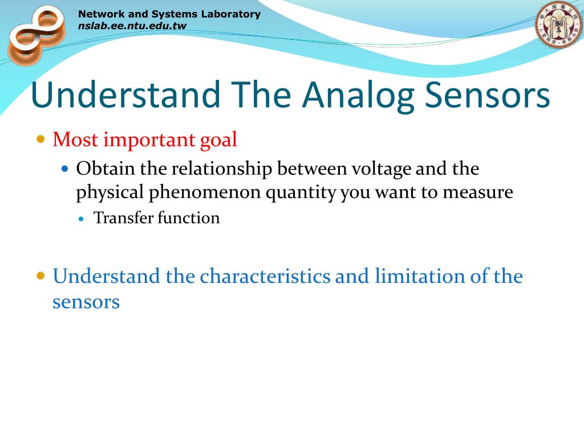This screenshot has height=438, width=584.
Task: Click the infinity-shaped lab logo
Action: (36, 35)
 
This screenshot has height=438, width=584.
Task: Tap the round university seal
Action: (559, 25)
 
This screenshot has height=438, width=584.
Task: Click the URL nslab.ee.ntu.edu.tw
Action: (132, 26)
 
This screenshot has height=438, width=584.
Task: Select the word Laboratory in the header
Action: (230, 14)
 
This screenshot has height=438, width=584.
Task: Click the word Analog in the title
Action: (358, 96)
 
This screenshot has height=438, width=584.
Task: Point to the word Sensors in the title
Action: (487, 95)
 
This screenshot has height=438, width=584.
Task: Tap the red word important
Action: (149, 140)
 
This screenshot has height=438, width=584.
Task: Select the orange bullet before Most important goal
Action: (40, 140)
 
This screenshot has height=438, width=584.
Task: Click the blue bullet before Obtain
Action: (65, 169)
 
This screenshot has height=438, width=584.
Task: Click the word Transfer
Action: (123, 218)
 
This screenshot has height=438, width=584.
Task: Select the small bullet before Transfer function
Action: (82, 219)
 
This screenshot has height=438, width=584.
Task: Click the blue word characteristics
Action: (265, 277)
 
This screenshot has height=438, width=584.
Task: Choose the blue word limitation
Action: (419, 277)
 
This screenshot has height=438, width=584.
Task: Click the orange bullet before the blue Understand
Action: (40, 277)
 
